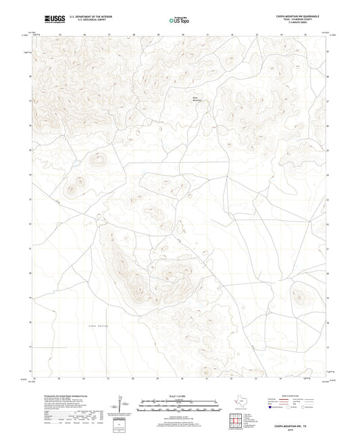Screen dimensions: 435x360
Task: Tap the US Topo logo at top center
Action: point(180,20)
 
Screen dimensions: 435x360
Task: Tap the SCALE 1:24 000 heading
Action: point(180,395)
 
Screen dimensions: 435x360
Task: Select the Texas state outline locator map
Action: point(240,403)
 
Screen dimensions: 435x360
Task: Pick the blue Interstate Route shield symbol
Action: point(272,407)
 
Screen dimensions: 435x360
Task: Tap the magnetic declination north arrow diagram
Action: point(120,403)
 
